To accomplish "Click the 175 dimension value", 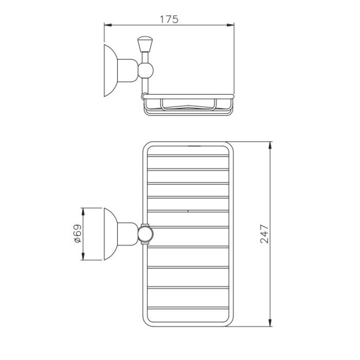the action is coord(169,19).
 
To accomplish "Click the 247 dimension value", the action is coord(264,234).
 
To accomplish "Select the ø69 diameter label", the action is coord(78,233).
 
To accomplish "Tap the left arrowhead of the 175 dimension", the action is coord(108,24).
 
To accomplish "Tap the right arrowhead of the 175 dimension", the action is coord(230,25).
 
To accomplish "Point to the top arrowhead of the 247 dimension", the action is coord(270,146).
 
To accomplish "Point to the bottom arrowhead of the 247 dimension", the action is coord(270,322).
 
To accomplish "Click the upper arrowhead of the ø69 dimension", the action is coord(83,212).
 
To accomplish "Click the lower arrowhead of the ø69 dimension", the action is coord(83,256).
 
